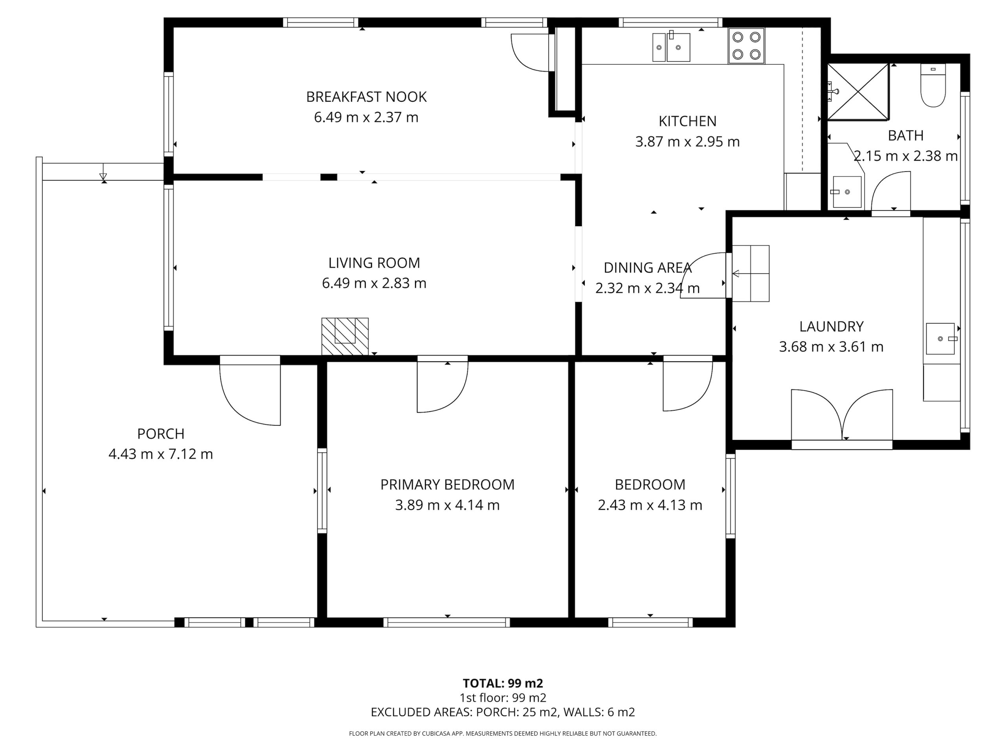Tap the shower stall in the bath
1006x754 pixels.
pyautogui.click(x=858, y=92)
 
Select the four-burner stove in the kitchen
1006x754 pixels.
pyautogui.click(x=746, y=46)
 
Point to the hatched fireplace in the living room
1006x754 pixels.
pyautogui.click(x=345, y=336)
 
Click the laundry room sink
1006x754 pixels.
pyautogui.click(x=940, y=339)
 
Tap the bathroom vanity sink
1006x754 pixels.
pyautogui.click(x=847, y=192)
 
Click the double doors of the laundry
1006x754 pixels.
pyautogui.click(x=842, y=415)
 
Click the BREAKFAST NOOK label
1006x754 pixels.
pyautogui.click(x=366, y=97)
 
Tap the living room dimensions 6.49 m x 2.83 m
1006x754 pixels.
pyautogui.click(x=374, y=283)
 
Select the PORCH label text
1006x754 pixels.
pyautogui.click(x=161, y=434)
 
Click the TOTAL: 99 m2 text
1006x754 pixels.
pyautogui.click(x=503, y=683)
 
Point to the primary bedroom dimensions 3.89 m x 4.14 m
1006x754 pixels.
pyautogui.click(x=447, y=505)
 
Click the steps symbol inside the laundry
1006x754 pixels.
pyautogui.click(x=751, y=274)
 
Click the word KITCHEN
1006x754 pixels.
pyautogui.click(x=687, y=121)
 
